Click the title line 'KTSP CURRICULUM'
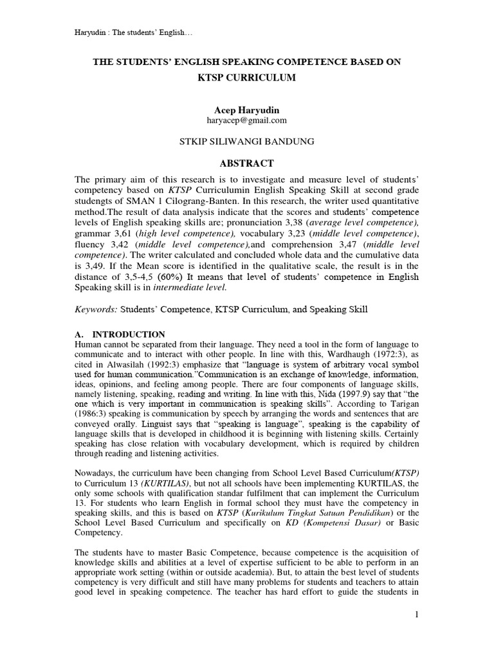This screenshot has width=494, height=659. point(247,77)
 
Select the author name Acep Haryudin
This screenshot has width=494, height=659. point(247,110)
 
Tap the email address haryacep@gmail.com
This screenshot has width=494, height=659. point(247,120)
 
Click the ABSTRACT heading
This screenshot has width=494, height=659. point(247,163)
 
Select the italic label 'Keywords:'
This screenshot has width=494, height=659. point(96,310)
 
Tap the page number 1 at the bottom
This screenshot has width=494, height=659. point(416,615)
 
